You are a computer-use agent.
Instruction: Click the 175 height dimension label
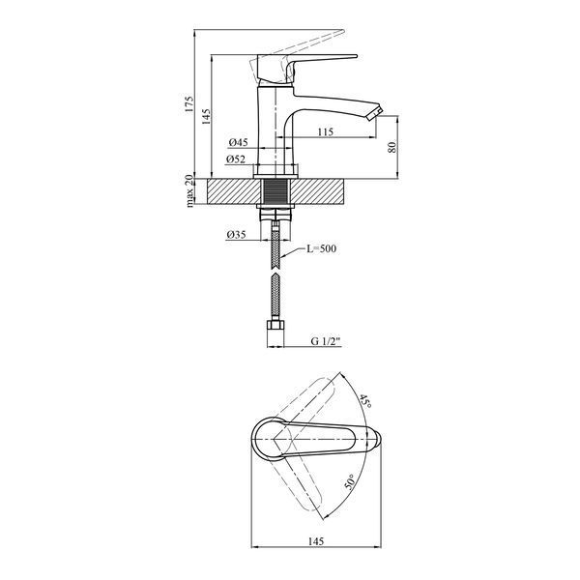click(189, 104)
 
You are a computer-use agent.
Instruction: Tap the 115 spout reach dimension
click(326, 131)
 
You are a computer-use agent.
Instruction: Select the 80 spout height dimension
click(392, 147)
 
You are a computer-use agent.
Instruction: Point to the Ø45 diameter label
click(238, 142)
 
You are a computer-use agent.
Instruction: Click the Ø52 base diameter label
click(236, 159)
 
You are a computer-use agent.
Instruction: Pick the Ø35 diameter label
click(236, 235)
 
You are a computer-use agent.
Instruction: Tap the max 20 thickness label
click(189, 190)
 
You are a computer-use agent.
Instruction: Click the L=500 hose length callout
click(322, 248)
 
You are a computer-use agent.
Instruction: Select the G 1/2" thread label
click(325, 341)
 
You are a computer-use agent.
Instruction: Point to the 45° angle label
click(365, 401)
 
